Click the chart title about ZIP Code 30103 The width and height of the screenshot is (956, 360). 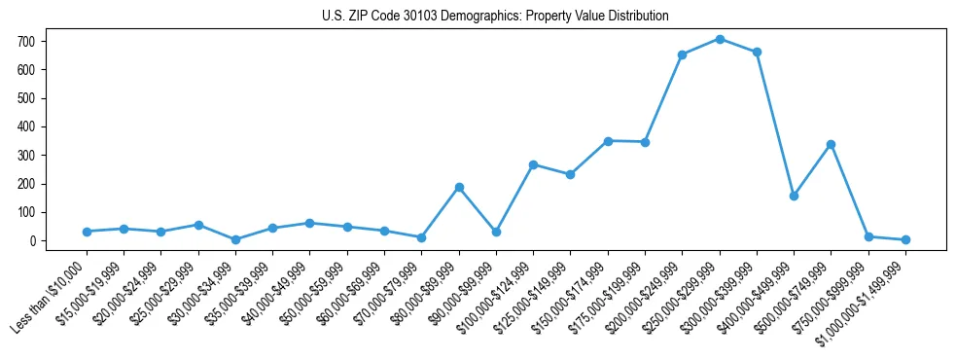495,16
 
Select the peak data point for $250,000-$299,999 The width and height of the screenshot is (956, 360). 720,39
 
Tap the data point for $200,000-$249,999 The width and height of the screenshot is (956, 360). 682,54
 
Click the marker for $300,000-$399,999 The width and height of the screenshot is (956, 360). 757,52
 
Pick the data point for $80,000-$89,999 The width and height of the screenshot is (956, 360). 459,187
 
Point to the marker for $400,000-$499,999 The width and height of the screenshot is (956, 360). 794,196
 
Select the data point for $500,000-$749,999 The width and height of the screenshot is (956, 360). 831,144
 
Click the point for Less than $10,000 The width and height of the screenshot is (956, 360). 87,232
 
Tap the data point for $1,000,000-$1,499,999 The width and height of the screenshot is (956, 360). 905,239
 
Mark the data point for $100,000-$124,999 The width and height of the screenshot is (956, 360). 533,164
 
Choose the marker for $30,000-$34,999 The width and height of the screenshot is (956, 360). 235,239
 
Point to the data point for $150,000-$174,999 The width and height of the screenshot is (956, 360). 608,141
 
